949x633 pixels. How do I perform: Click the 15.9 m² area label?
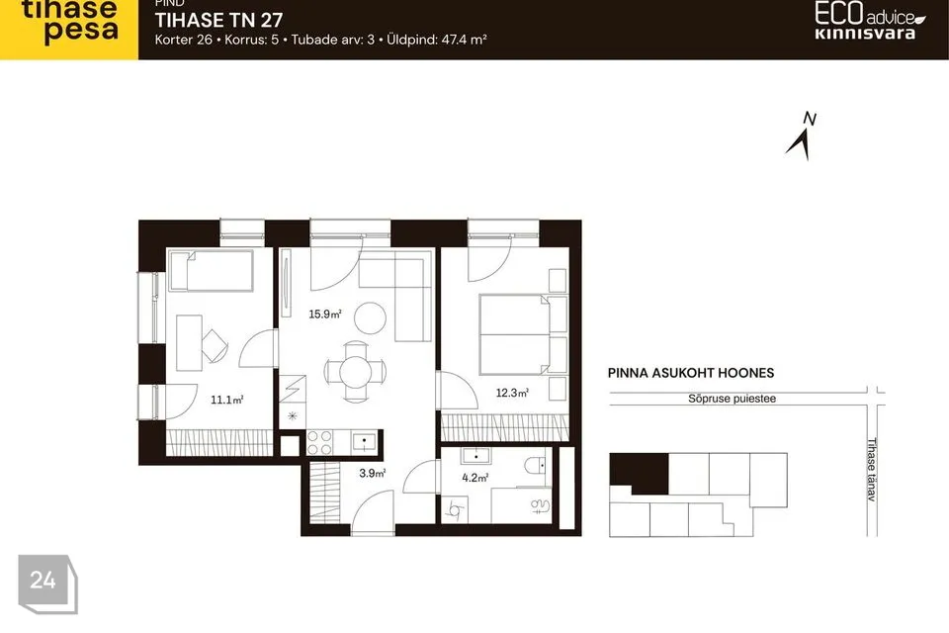tap(325, 314)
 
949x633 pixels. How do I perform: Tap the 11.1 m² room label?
tap(227, 400)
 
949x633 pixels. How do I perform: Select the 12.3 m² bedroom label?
tap(512, 393)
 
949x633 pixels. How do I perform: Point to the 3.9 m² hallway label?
tap(373, 473)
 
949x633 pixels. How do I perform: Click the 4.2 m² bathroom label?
tap(475, 478)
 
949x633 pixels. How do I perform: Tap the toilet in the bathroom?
tap(535, 466)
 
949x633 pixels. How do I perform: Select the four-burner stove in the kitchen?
tap(319, 442)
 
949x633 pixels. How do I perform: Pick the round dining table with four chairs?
tap(355, 371)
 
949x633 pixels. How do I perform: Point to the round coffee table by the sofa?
tap(370, 318)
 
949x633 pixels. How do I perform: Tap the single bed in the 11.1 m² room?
tap(212, 271)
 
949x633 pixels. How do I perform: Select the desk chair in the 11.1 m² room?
tap(215, 346)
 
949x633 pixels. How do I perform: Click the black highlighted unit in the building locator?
tap(640, 473)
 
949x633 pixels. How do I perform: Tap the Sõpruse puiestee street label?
tap(732, 399)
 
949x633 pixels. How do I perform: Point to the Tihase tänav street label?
tap(872, 470)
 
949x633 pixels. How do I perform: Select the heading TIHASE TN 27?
tap(218, 20)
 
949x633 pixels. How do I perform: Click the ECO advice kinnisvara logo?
tap(869, 21)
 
